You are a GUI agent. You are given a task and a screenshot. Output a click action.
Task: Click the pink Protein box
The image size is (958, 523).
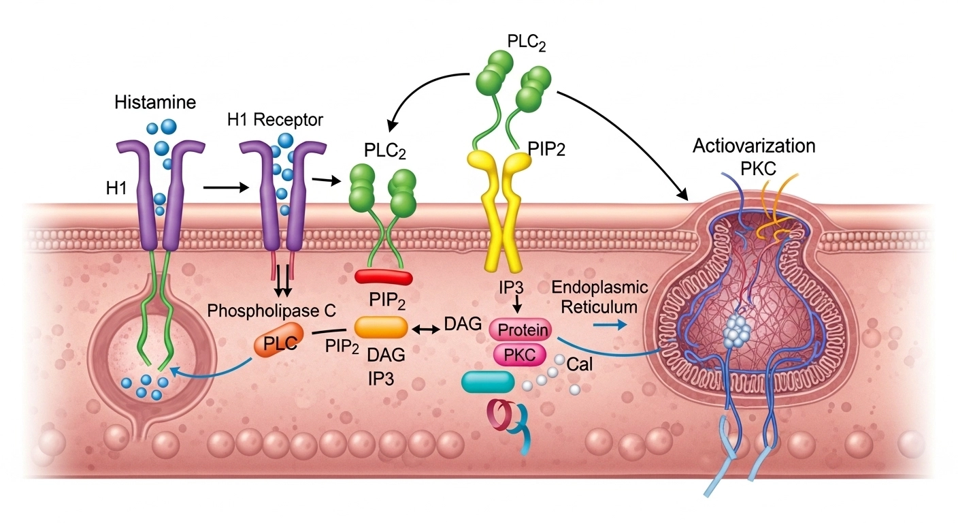pyautogui.click(x=523, y=330)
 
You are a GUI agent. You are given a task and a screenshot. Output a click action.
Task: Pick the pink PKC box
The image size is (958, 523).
pyautogui.click(x=523, y=354)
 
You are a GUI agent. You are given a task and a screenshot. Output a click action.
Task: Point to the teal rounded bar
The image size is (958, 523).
pyautogui.click(x=488, y=383)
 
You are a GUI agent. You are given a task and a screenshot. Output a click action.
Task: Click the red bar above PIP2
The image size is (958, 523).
pyautogui.click(x=384, y=276)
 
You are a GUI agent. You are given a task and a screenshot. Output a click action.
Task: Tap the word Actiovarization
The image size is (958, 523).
pyautogui.click(x=753, y=146)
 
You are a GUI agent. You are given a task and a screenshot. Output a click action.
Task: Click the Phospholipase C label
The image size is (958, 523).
pyautogui.click(x=271, y=312)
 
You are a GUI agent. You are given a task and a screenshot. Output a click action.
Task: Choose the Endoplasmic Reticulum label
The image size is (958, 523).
pyautogui.click(x=599, y=296)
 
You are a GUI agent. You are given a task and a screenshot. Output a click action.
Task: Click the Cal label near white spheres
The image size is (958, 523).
pyautogui.click(x=580, y=364)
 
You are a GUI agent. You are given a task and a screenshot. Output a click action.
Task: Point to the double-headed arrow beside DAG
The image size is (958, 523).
pyautogui.click(x=423, y=328)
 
